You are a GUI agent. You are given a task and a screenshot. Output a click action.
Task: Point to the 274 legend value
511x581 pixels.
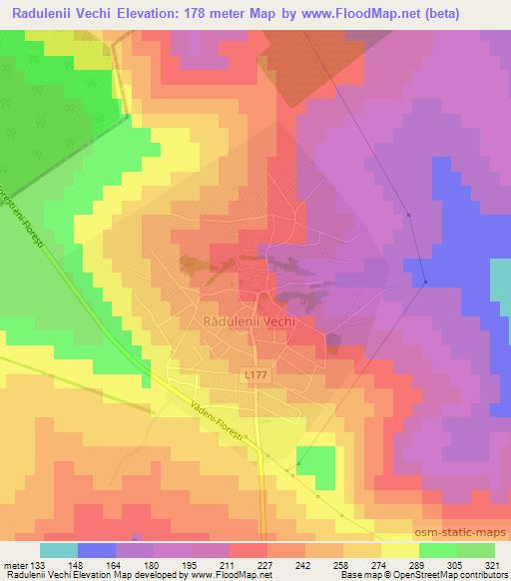coord(363,564)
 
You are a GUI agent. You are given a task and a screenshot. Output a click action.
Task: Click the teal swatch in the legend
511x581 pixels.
coord(59,550)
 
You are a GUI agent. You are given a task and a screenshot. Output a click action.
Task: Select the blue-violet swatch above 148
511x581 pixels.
coord(97,550)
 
